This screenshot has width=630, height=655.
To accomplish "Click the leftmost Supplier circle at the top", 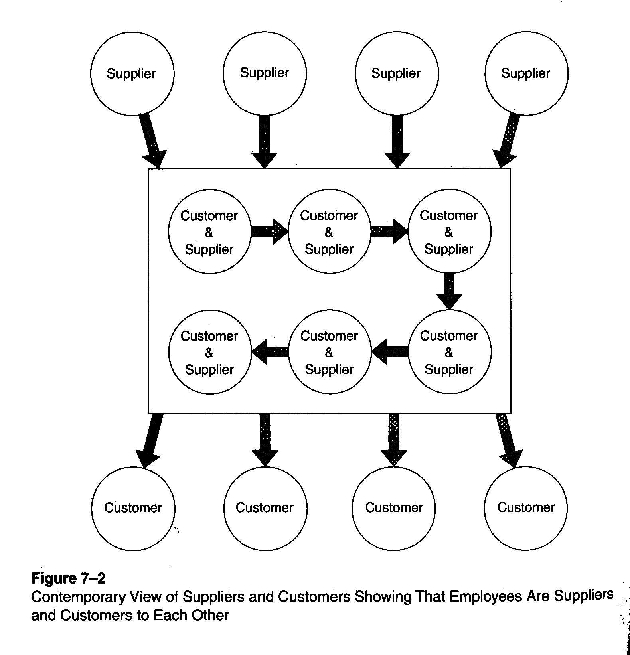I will (x=132, y=74).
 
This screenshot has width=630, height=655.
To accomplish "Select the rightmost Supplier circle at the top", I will (x=526, y=74).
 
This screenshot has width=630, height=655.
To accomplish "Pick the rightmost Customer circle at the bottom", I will (x=525, y=508).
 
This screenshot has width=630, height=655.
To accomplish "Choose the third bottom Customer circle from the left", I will (x=393, y=508).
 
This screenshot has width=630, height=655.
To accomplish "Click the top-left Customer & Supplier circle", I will (x=209, y=232).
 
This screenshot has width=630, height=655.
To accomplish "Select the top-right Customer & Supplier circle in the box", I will (x=449, y=232).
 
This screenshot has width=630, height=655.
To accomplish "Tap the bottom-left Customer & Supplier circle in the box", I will (x=209, y=352).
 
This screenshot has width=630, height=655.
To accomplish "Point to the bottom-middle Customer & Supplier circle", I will (x=329, y=352).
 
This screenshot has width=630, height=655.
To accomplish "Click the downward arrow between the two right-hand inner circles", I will (x=449, y=290).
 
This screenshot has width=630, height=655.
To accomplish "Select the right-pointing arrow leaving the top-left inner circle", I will (x=269, y=231).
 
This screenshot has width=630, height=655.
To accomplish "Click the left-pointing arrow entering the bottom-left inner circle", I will (x=271, y=352).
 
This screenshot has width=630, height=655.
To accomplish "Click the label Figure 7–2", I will (x=68, y=578).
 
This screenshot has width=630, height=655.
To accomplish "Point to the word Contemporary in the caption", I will (x=78, y=597).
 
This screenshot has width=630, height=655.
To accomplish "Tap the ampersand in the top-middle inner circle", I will (x=329, y=232).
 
